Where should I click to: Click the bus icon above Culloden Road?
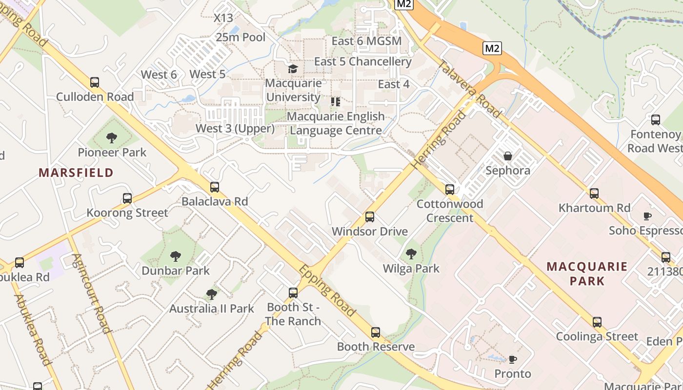pyautogui.click(x=95, y=82)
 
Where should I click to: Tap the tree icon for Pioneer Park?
pyautogui.click(x=112, y=138)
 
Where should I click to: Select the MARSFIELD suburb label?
pyautogui.click(x=76, y=173)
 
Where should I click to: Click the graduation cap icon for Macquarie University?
pyautogui.click(x=293, y=69)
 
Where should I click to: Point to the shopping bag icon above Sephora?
pyautogui.click(x=508, y=156)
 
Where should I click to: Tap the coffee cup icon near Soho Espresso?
pyautogui.click(x=647, y=216)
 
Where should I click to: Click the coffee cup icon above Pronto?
pyautogui.click(x=512, y=360)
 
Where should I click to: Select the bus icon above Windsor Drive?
pyautogui.click(x=370, y=217)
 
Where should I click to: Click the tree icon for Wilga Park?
pyautogui.click(x=411, y=254)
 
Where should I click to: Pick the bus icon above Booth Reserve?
pyautogui.click(x=375, y=332)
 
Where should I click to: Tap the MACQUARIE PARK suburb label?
pyautogui.click(x=586, y=273)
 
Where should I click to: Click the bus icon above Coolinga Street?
pyautogui.click(x=597, y=322)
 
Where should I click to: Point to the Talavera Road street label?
pyautogui.click(x=469, y=89)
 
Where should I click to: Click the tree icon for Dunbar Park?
pyautogui.click(x=175, y=256)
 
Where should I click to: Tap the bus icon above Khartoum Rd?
pyautogui.click(x=594, y=194)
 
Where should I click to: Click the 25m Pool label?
pyautogui.click(x=241, y=37)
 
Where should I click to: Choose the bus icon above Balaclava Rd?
pyautogui.click(x=215, y=187)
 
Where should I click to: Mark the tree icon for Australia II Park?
pyautogui.click(x=211, y=294)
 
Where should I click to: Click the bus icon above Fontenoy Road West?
pyautogui.click(x=656, y=120)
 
